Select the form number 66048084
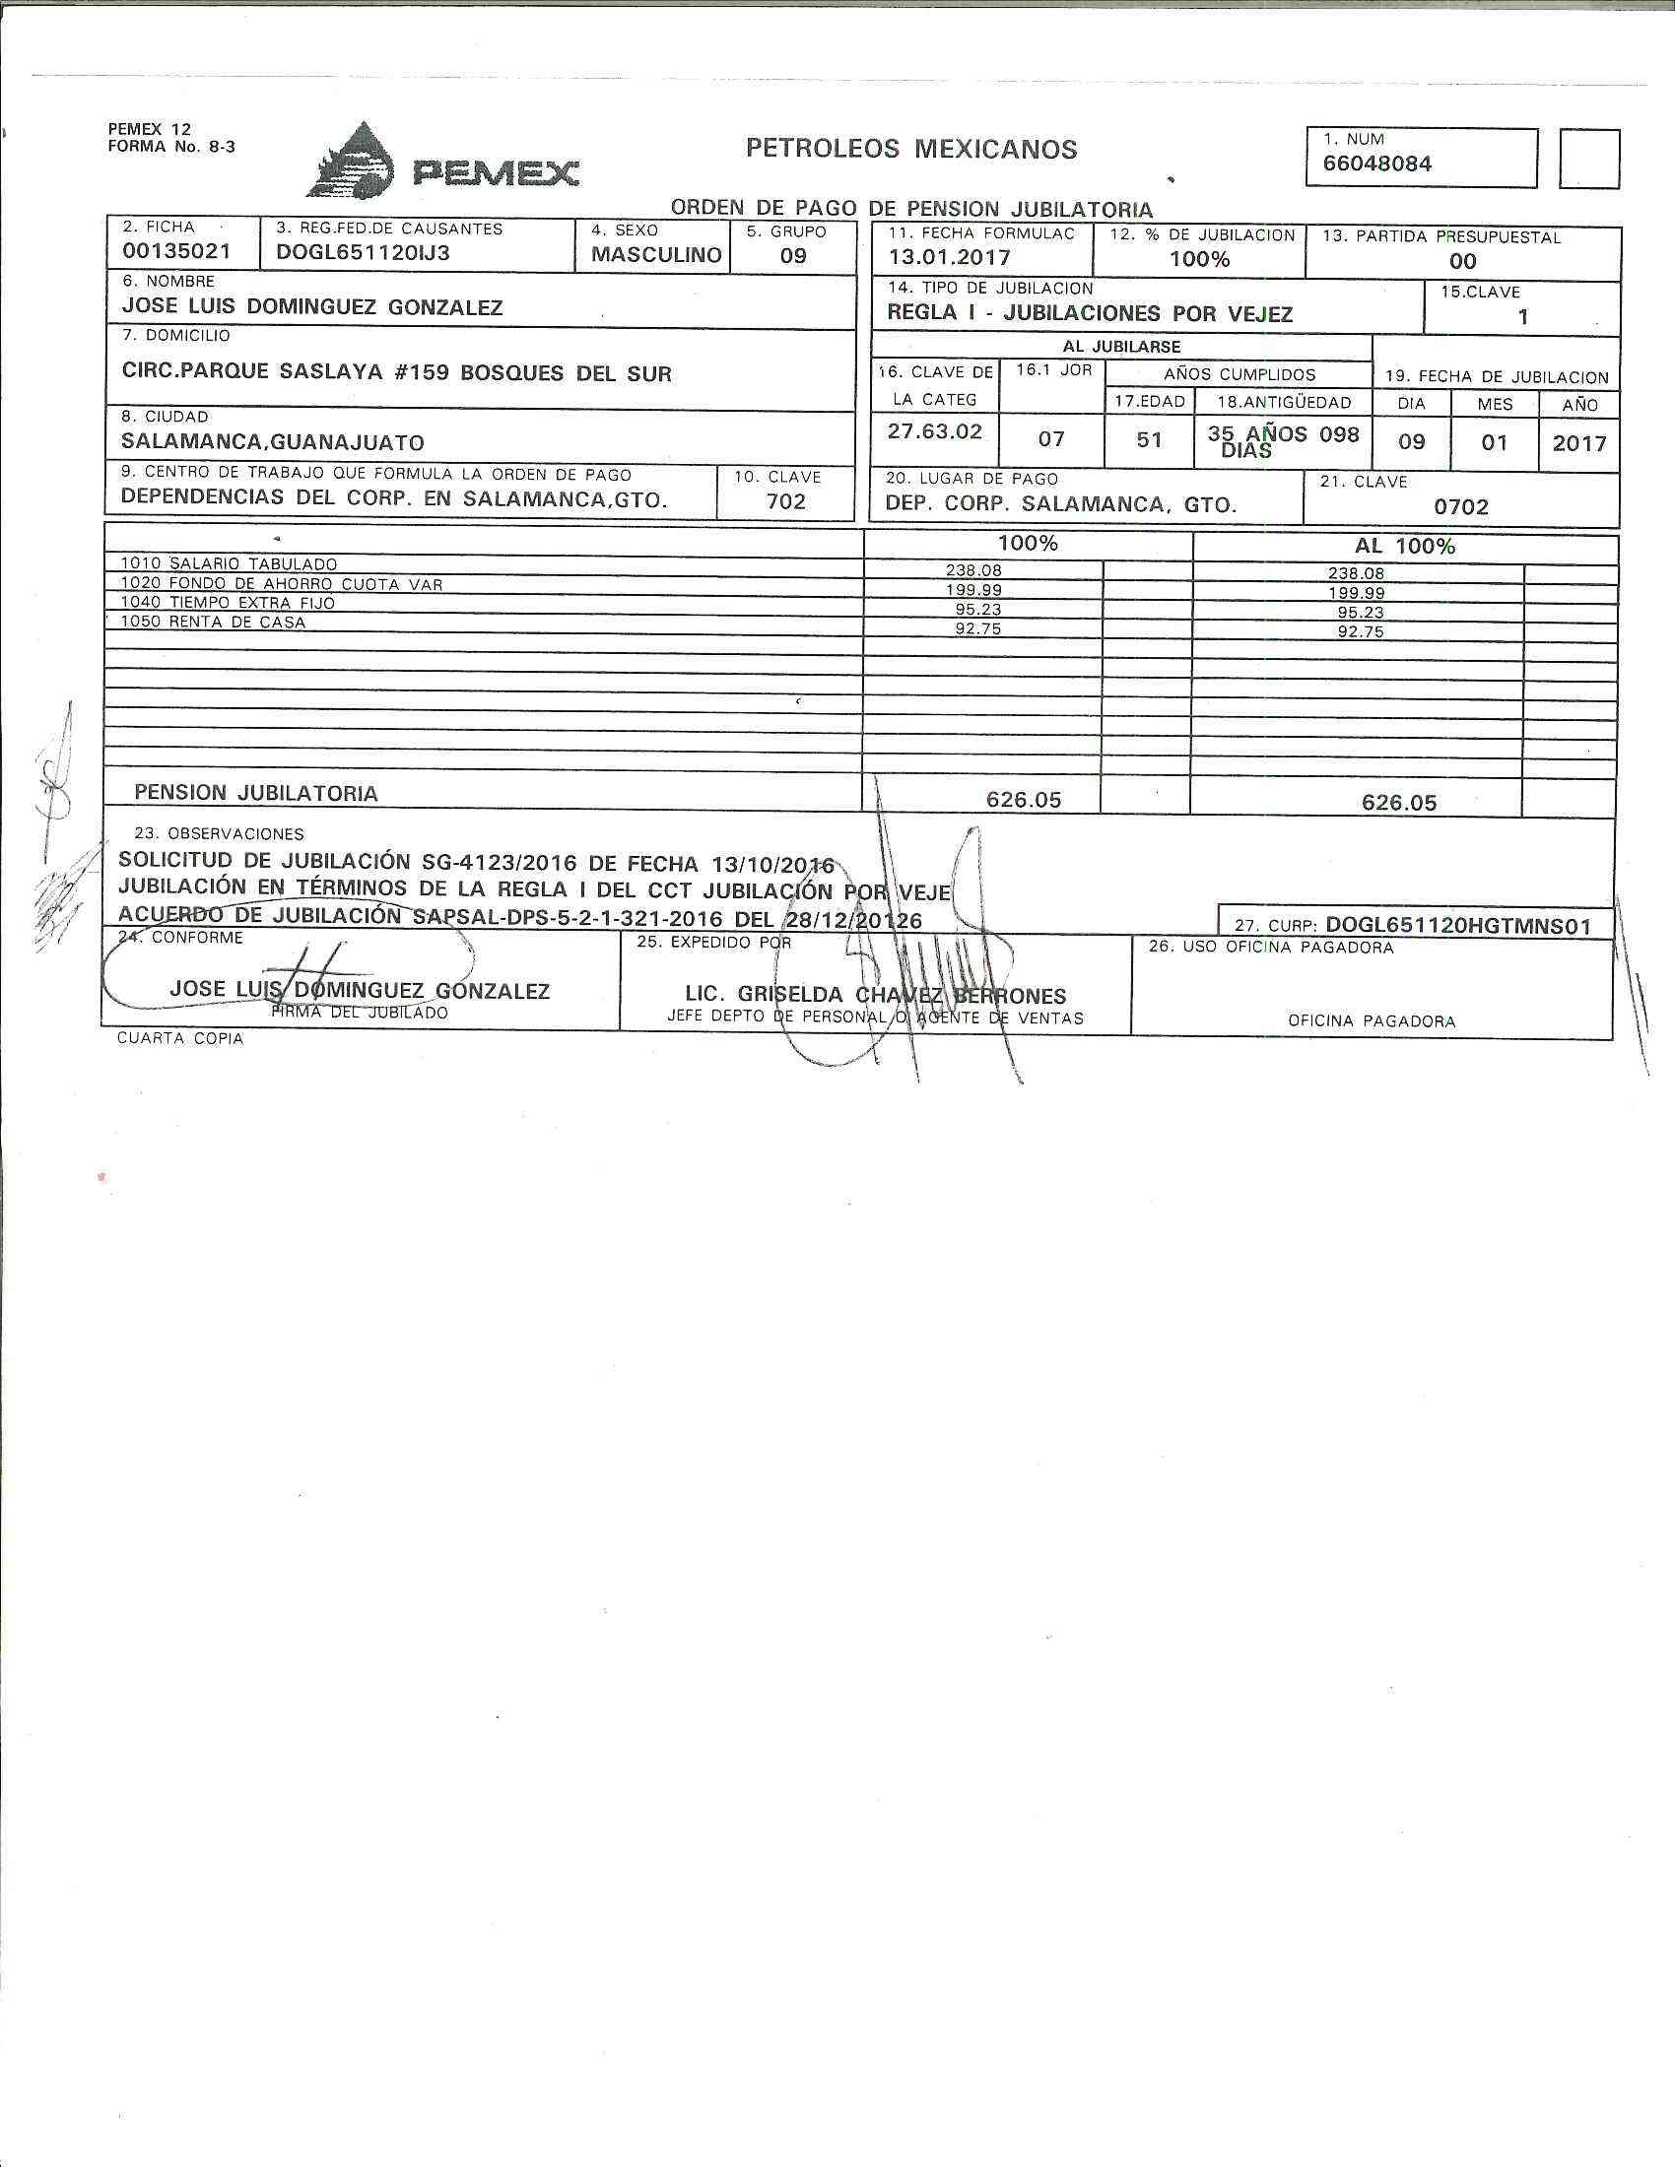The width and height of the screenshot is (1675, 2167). (1376, 164)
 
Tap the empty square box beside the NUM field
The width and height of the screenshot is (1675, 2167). (1588, 159)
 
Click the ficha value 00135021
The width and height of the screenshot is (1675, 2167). (175, 252)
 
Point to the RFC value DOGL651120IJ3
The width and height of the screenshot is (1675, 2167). (364, 252)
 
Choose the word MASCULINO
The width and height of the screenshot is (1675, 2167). (656, 255)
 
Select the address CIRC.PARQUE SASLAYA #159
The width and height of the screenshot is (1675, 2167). (287, 373)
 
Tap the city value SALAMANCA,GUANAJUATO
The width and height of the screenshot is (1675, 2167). (273, 442)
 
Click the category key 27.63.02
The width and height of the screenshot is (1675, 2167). (935, 430)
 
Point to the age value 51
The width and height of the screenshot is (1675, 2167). (1149, 438)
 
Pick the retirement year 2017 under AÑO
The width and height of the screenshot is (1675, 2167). (1578, 442)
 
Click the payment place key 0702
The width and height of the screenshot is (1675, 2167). (1460, 507)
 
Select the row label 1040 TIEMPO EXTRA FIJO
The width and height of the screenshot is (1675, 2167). (228, 602)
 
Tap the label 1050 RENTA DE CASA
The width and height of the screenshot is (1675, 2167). (214, 623)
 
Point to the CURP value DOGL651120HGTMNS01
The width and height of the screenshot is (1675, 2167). (1457, 926)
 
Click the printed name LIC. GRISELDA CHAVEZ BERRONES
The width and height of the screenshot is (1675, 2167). (875, 995)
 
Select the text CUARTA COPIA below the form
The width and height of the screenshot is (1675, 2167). (179, 1039)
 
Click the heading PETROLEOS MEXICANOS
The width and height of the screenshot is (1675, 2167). (911, 150)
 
